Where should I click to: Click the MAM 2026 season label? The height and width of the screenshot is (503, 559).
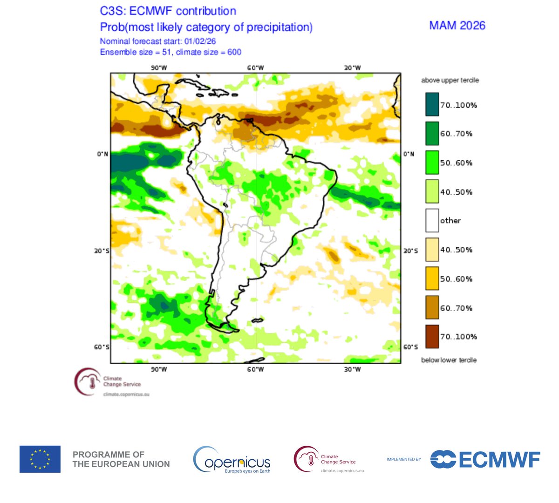[x=457, y=25]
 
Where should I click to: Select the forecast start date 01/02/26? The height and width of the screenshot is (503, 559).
[x=200, y=41]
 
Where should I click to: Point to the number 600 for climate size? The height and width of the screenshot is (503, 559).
[x=234, y=52]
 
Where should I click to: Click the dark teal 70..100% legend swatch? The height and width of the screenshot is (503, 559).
[x=432, y=104]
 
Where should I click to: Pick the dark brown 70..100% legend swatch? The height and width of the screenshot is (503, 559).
[x=432, y=336]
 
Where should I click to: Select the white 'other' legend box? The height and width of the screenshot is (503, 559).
[x=432, y=220]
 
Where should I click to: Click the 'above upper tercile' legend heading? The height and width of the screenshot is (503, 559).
[x=450, y=80]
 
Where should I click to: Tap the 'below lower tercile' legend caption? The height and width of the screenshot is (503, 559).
[x=449, y=360]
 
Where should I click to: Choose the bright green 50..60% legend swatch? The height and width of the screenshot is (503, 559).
[x=432, y=163]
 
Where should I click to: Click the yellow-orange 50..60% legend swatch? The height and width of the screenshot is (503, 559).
[x=432, y=279]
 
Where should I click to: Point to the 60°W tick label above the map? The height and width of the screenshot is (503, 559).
[x=255, y=68]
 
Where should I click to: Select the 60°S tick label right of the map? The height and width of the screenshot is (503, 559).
[x=410, y=347]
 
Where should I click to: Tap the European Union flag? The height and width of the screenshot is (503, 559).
[x=40, y=459]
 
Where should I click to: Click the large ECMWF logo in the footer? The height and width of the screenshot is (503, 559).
[x=485, y=459]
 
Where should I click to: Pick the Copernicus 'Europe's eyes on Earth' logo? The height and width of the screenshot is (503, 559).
[x=232, y=460]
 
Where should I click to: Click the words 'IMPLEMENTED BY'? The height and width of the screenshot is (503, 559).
[x=403, y=460]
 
